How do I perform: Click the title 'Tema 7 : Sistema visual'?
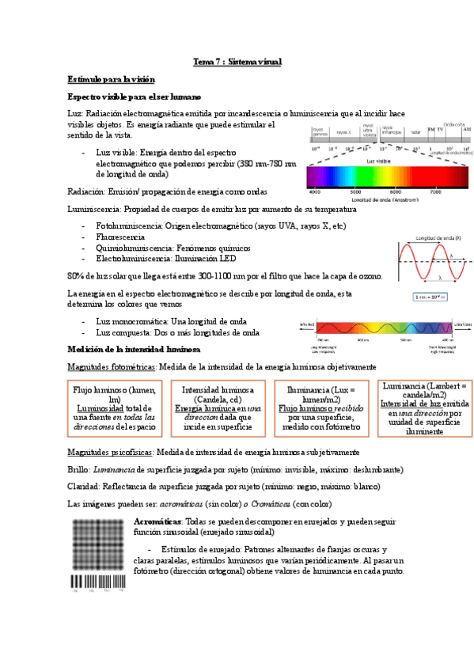click(237, 62)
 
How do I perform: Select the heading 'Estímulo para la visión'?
click(112, 80)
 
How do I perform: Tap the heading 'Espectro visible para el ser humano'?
click(135, 97)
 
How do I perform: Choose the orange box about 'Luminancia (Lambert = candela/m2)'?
click(424, 409)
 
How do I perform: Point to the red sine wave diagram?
click(434, 263)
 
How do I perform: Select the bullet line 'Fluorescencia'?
click(119, 237)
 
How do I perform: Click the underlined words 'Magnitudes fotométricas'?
click(112, 367)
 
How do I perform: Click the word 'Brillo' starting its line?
click(78, 469)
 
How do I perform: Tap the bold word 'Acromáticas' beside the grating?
click(157, 523)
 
